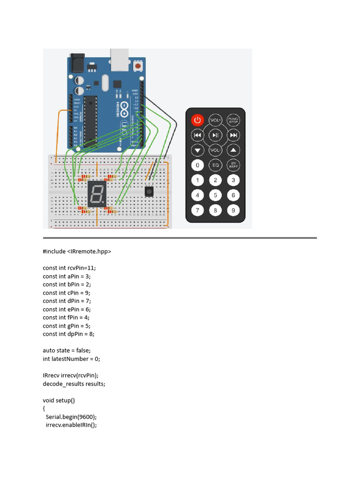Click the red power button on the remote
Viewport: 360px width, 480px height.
(x=197, y=120)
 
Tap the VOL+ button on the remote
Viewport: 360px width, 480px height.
(x=215, y=120)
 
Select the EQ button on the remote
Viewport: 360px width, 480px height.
(x=215, y=165)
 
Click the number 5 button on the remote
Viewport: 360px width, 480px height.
(x=215, y=195)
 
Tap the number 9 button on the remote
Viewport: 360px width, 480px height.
(x=233, y=210)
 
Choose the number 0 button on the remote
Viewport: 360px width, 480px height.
(x=197, y=165)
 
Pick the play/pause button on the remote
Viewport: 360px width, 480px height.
(x=215, y=135)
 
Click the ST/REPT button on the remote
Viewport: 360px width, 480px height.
(x=233, y=165)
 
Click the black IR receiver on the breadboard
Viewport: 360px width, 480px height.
(x=149, y=192)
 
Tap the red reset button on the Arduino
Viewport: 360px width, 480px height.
(x=138, y=67)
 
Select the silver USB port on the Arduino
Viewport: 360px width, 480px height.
(x=121, y=56)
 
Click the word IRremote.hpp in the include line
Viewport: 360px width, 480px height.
(x=89, y=251)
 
